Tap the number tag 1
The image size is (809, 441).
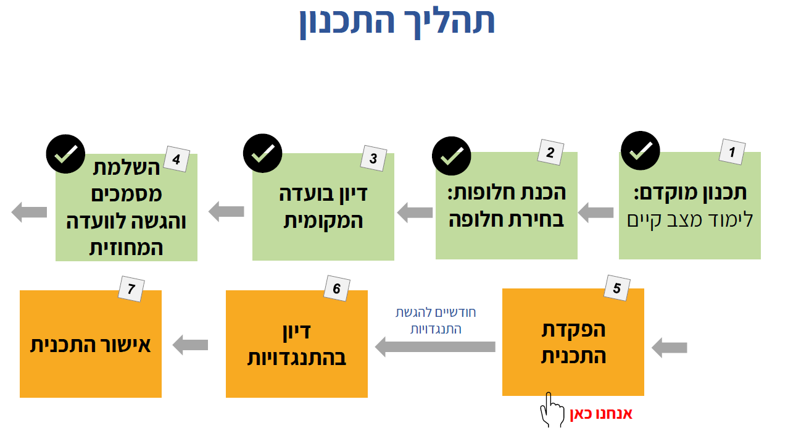[732, 151]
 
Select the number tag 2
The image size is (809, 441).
[549, 153]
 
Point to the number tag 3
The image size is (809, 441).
[373, 158]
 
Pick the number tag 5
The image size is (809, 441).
[616, 287]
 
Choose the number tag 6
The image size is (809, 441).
[336, 288]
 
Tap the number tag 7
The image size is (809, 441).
[131, 288]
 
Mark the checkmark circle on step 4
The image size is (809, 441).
[65, 153]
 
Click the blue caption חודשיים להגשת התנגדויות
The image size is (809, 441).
[436, 321]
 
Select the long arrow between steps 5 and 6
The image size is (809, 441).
[435, 346]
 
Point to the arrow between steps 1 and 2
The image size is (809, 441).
[595, 214]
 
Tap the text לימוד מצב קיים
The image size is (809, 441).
[690, 219]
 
